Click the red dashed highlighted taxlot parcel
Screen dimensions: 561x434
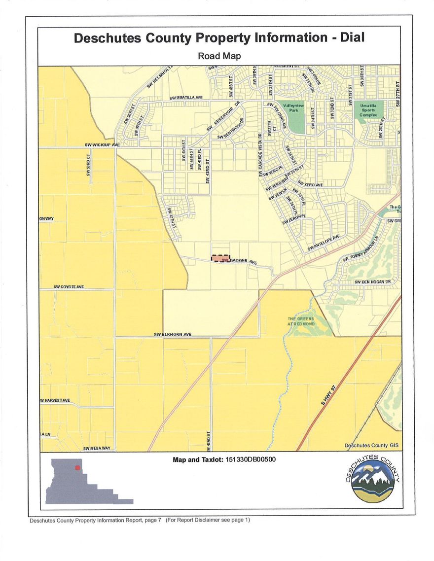(x=220, y=258)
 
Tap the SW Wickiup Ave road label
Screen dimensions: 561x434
(x=102, y=145)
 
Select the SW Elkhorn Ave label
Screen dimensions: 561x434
(x=172, y=334)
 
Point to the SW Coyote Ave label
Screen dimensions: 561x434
(x=69, y=286)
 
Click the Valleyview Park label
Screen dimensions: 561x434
(x=294, y=108)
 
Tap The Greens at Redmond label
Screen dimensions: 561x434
(x=301, y=321)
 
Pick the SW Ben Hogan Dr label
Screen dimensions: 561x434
(x=372, y=281)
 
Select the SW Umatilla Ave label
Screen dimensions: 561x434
(x=186, y=98)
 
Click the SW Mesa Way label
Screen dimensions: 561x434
(x=97, y=448)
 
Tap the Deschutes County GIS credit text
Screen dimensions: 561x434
(x=371, y=445)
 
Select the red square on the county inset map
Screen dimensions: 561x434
(x=77, y=467)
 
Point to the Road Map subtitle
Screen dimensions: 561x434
(x=219, y=56)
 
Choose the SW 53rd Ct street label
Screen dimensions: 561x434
(x=89, y=168)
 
